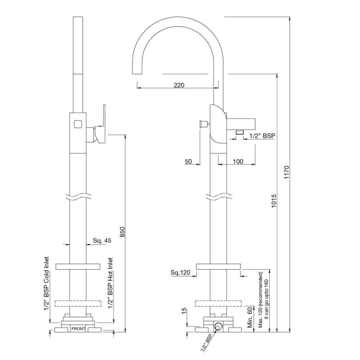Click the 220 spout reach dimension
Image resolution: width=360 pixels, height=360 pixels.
[179, 85]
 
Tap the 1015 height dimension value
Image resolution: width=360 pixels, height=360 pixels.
[274, 202]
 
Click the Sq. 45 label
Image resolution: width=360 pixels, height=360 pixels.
[102, 241]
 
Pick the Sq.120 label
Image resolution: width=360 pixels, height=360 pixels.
[180, 272]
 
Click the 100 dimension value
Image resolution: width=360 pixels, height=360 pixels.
[238, 162]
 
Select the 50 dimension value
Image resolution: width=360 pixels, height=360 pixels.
[188, 162]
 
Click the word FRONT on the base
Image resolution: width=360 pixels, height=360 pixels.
[78, 329]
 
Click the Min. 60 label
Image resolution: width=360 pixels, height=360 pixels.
[250, 317]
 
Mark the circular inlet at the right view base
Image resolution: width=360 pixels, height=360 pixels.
[217, 327]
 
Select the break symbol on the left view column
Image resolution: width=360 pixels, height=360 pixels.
[78, 196]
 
